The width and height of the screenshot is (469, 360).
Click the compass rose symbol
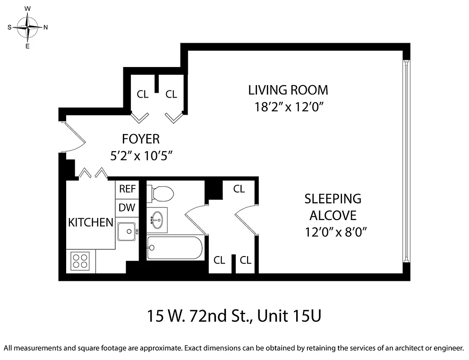[x=27, y=27]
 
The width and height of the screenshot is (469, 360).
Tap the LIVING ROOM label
[x=288, y=90]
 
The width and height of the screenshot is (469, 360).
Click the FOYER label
[x=141, y=138]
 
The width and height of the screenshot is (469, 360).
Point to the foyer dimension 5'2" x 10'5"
[x=141, y=156]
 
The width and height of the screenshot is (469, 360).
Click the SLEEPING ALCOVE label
[x=333, y=207]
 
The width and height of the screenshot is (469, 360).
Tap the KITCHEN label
[x=90, y=222]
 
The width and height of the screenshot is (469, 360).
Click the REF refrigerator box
[x=127, y=189]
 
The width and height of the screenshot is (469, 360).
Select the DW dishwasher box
[x=127, y=208]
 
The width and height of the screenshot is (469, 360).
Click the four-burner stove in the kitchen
[x=80, y=261]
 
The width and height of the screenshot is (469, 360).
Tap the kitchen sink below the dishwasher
[x=127, y=231]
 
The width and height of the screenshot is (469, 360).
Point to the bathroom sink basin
[x=158, y=220]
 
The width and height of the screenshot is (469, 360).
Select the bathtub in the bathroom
[x=175, y=247]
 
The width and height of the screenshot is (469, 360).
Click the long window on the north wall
[x=406, y=162]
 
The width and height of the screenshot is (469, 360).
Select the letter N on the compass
[x=45, y=27]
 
